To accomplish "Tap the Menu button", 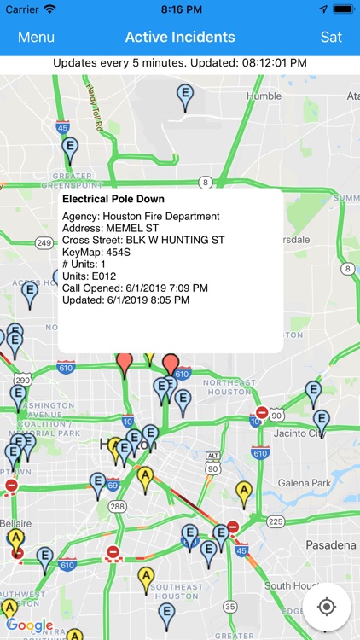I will [x=36, y=37].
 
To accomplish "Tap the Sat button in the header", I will [x=331, y=37].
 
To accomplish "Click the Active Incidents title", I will [x=180, y=37].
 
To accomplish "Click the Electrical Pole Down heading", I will [x=113, y=199].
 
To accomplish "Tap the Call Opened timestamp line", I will [x=135, y=288].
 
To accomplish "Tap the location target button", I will [x=327, y=607].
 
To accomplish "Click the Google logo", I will [x=30, y=625].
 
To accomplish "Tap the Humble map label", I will [x=264, y=96].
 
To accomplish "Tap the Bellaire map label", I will [x=16, y=521].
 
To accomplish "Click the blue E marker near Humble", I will [x=185, y=96].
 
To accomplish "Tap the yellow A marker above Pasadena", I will [x=245, y=492].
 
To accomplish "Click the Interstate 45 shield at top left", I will [x=62, y=127].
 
